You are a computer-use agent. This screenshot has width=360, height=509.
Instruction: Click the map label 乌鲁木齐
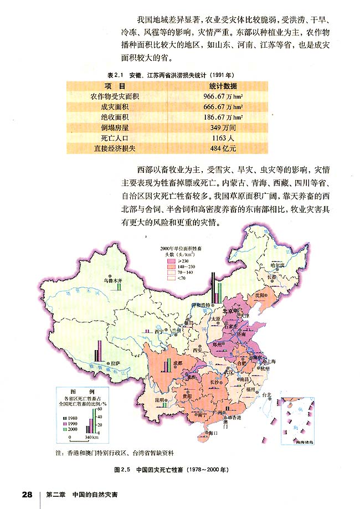112,281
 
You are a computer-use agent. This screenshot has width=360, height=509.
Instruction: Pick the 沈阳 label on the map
258,296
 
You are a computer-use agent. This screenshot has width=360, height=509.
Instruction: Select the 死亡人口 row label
115,138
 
